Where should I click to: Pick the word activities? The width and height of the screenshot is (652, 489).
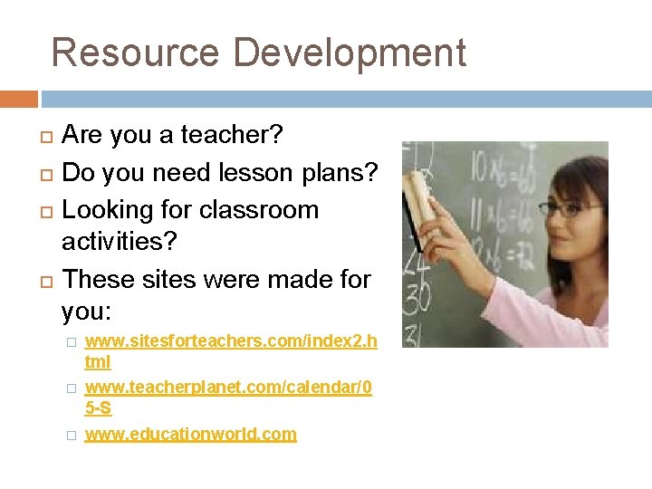119,242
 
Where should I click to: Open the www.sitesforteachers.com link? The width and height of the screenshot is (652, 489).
230,340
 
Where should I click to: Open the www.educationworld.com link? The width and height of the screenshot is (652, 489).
190,434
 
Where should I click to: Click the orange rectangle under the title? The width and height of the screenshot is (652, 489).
19,99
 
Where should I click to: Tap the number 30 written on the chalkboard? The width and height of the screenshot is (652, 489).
417,295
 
